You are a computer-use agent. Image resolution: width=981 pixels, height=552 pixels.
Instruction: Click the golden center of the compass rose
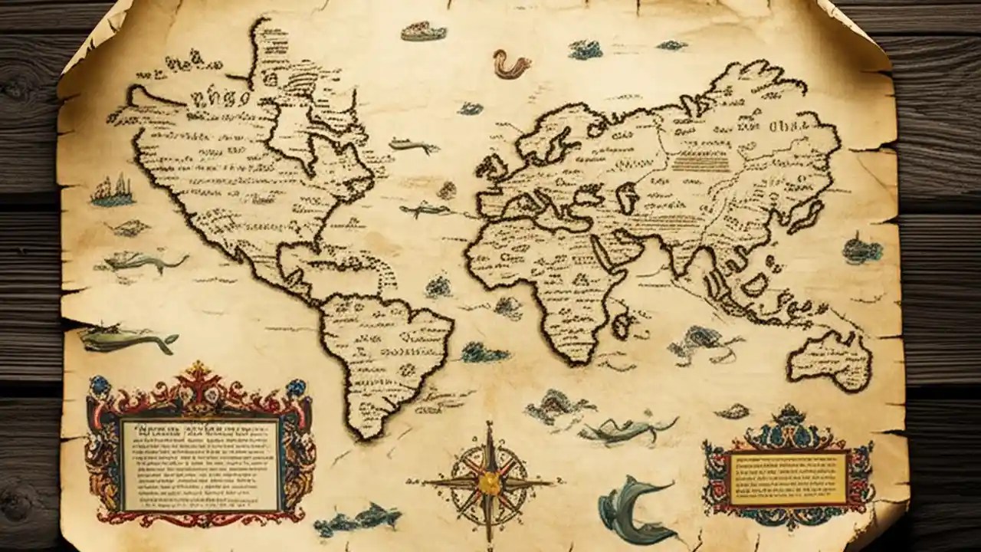pos(487,481)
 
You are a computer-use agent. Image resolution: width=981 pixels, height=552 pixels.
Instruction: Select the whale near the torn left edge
pos(126,337)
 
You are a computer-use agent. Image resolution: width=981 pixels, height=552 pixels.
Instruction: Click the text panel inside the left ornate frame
pos(201,465)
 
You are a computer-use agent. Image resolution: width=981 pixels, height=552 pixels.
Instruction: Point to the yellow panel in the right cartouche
pos(787,477)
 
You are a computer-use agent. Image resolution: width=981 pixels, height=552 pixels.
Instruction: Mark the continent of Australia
pos(830,357)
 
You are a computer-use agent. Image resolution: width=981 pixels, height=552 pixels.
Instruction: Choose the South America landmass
pos(383,353)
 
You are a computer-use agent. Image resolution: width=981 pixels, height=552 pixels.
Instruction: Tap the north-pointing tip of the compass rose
pos(488,426)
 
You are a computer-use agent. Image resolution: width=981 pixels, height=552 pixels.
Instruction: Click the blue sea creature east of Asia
pos(862,249)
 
